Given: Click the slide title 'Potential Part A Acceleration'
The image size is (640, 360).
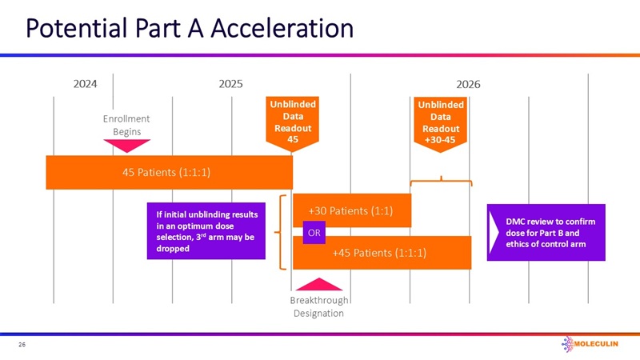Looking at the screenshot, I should pyautogui.click(x=190, y=29).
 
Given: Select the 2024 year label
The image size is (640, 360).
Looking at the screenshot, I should pyautogui.click(x=85, y=84).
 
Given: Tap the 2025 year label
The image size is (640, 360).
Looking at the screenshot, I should pyautogui.click(x=230, y=84).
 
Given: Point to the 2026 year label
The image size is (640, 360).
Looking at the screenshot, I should pyautogui.click(x=468, y=84).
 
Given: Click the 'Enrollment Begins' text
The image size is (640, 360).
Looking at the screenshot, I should pyautogui.click(x=126, y=125).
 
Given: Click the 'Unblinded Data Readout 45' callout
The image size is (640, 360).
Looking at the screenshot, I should pyautogui.click(x=293, y=123).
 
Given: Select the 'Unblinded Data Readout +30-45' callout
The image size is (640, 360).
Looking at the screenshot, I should pyautogui.click(x=441, y=123).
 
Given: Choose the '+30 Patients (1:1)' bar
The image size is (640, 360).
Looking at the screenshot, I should pyautogui.click(x=352, y=210).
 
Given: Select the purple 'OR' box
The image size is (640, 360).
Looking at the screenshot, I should pyautogui.click(x=314, y=233).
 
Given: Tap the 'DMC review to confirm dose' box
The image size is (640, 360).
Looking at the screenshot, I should pyautogui.click(x=545, y=232).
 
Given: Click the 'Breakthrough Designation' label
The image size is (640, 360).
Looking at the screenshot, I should pyautogui.click(x=318, y=306).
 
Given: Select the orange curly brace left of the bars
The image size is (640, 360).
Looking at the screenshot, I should pyautogui.click(x=282, y=232).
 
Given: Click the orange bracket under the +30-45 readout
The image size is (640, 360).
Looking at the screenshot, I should pyautogui.click(x=441, y=182).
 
